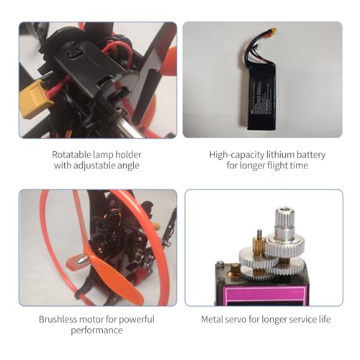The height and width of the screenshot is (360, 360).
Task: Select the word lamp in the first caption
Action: pyautogui.click(x=109, y=154)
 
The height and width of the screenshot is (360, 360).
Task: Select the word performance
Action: pyautogui.click(x=96, y=330)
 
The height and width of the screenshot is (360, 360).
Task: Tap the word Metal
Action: pyautogui.click(x=212, y=319)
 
